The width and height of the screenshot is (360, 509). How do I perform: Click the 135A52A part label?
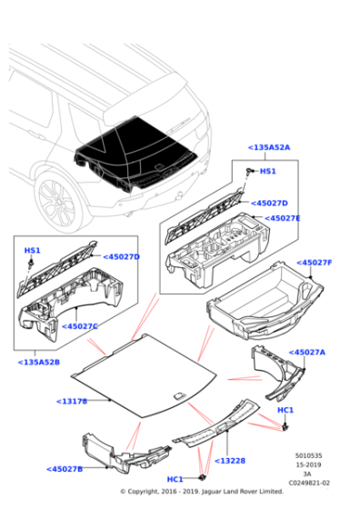coord(269,146)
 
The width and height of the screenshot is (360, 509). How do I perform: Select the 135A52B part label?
coord(39,363)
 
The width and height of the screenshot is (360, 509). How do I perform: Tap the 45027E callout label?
coord(282,218)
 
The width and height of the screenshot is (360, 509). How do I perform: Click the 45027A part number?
coord(307,352)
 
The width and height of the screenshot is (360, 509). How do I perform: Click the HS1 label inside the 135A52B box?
coord(32,250)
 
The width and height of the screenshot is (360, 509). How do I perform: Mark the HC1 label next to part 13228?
coord(175,479)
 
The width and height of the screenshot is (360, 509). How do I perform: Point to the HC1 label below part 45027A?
coord(285,412)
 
